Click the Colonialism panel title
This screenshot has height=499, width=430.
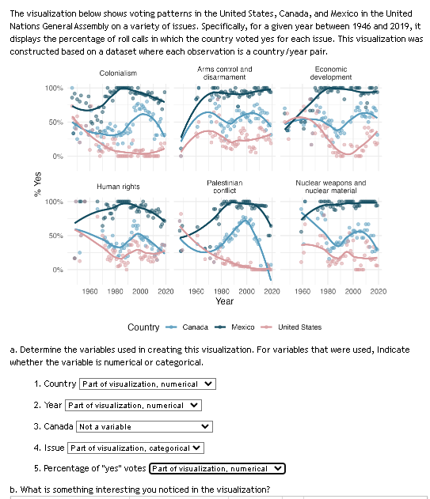point(118,73)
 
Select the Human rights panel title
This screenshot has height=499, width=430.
point(118,187)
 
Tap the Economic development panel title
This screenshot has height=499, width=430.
point(331,73)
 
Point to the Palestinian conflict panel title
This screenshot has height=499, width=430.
point(224,186)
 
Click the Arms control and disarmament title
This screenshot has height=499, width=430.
point(224,73)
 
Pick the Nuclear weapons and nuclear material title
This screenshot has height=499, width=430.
point(331,186)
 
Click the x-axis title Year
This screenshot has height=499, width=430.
point(224,301)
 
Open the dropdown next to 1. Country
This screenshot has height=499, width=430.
point(148,384)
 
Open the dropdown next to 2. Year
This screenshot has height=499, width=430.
point(133,406)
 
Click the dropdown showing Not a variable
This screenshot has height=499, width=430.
point(145,427)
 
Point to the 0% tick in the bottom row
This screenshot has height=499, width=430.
point(58,270)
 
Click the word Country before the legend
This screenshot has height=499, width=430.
point(143,327)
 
